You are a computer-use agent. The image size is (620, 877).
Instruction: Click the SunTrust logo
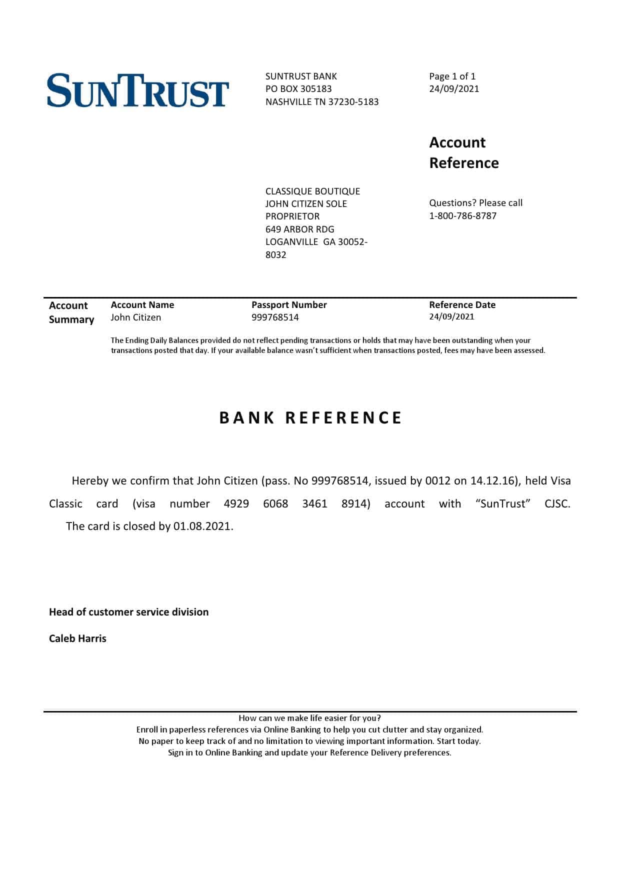coord(138,90)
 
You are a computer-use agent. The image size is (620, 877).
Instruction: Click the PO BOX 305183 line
coord(298,89)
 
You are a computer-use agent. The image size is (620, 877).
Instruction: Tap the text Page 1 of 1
coord(452,76)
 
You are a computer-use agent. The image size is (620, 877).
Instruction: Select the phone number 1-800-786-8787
coord(462,216)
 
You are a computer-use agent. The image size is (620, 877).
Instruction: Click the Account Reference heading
coord(463,152)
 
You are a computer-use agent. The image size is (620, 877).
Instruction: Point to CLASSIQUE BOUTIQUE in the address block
coord(312,191)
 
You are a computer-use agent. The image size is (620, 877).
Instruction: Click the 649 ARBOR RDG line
coord(299,229)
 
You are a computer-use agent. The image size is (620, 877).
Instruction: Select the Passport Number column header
coord(289,305)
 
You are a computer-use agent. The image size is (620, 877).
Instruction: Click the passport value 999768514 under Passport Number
coord(275,317)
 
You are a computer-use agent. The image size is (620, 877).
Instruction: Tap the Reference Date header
coord(462,305)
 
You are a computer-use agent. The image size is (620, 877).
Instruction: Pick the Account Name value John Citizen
coord(135,317)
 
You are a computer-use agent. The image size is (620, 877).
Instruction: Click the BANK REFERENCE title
coord(310,418)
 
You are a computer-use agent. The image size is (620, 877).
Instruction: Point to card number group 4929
coord(236,504)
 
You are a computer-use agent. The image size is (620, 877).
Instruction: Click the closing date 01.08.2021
coord(202,526)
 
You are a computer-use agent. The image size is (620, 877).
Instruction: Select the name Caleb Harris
coord(77,638)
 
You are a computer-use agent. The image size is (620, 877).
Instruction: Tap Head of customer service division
coord(128,612)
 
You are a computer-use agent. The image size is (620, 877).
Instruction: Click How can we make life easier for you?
coord(309,718)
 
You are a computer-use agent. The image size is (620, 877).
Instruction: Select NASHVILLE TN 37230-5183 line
coord(322,102)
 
